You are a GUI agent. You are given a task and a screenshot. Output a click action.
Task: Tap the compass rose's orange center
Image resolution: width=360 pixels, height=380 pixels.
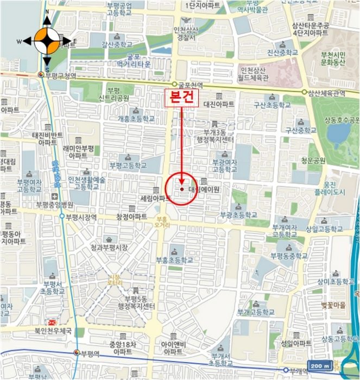(x=47, y=40)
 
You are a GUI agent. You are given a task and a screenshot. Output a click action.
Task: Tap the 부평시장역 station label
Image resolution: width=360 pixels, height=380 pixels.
(x=81, y=217)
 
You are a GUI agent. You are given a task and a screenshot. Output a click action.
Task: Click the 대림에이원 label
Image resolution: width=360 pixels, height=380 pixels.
(x=204, y=189)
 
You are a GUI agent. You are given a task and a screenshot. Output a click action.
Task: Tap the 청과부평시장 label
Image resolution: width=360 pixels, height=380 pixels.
(x=109, y=248)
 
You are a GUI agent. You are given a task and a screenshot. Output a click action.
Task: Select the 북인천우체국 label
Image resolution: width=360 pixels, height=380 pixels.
(x=53, y=330)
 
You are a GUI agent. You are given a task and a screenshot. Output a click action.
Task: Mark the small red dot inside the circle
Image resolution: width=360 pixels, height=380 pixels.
(x=181, y=189)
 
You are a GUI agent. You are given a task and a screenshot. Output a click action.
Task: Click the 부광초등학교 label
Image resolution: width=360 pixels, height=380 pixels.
(x=237, y=215)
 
